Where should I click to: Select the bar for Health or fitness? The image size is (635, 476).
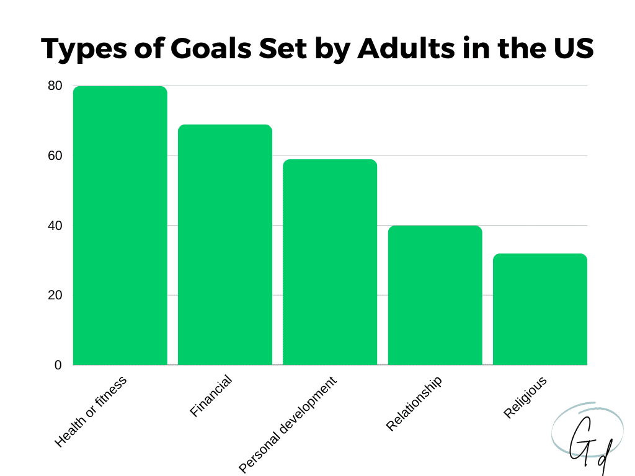point(120,226)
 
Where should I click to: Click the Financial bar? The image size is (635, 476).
point(224,245)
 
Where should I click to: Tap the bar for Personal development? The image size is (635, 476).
point(330,262)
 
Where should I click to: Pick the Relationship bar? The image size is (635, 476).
point(435,295)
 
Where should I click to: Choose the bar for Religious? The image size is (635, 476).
point(540,309)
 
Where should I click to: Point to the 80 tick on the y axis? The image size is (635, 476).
point(55,86)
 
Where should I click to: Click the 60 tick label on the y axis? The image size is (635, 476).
point(55,156)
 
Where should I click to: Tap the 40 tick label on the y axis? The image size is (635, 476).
point(55,226)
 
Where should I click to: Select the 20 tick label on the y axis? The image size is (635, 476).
point(55,295)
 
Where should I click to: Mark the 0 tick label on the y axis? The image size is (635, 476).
point(58,365)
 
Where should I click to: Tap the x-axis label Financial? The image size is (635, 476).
point(211,397)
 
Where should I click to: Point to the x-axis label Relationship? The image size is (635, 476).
point(414,403)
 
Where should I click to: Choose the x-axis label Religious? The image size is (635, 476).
point(526,398)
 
